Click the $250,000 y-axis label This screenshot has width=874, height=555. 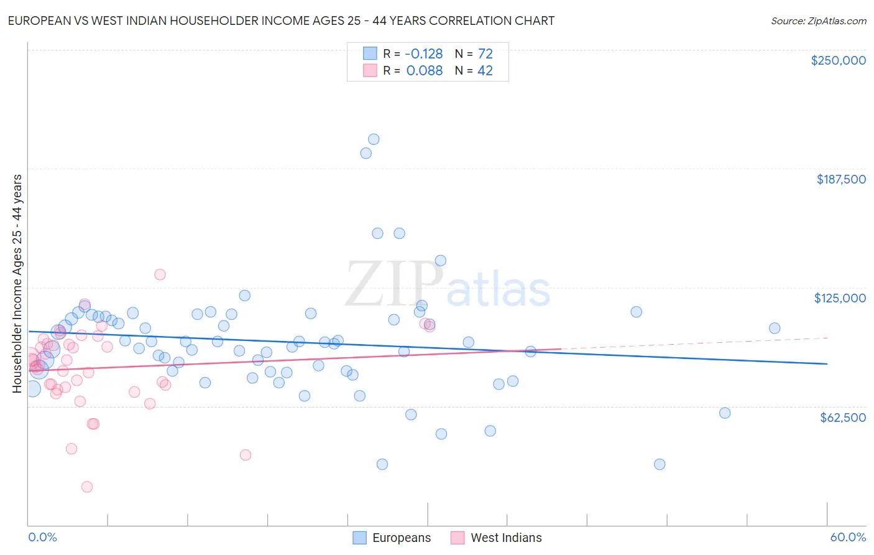pyautogui.click(x=838, y=60)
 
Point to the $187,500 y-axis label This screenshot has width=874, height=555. pyautogui.click(x=840, y=179)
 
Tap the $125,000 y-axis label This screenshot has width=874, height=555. pyautogui.click(x=840, y=298)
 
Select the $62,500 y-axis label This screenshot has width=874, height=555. pyautogui.click(x=842, y=417)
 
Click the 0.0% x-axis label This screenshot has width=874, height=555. pyautogui.click(x=42, y=537)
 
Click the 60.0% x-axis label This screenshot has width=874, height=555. pyautogui.click(x=847, y=537)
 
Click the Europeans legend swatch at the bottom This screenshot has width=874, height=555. pyautogui.click(x=359, y=538)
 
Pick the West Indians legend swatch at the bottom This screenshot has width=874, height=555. pyautogui.click(x=458, y=538)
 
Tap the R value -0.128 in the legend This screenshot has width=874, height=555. pyautogui.click(x=424, y=54)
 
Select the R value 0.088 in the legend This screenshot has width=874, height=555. pyautogui.click(x=424, y=70)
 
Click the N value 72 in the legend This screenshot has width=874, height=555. pyautogui.click(x=485, y=54)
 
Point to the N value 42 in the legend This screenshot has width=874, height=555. pyautogui.click(x=485, y=70)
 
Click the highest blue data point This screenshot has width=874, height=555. pyautogui.click(x=374, y=139)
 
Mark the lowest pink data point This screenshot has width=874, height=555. pyautogui.click(x=87, y=487)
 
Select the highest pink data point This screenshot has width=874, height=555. pyautogui.click(x=160, y=274)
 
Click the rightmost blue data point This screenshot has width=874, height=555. pyautogui.click(x=775, y=328)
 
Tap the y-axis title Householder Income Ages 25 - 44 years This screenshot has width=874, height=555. pyautogui.click(x=17, y=284)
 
